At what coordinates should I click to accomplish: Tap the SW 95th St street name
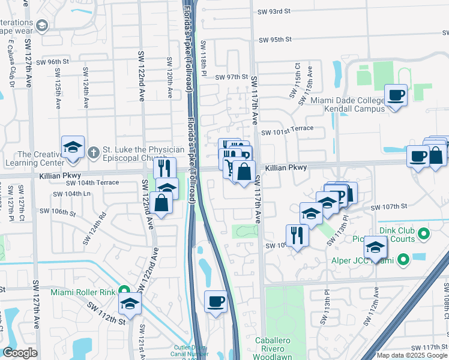(275, 40)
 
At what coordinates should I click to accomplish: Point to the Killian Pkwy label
(286, 169)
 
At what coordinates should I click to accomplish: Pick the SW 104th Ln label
(71, 194)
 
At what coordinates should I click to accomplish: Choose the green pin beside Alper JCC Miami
(403, 260)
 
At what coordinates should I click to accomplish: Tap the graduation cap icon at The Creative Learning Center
(71, 148)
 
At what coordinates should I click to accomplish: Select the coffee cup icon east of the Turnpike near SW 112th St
(215, 301)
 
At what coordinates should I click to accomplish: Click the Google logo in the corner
(20, 353)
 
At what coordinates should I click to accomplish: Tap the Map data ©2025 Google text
(412, 355)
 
